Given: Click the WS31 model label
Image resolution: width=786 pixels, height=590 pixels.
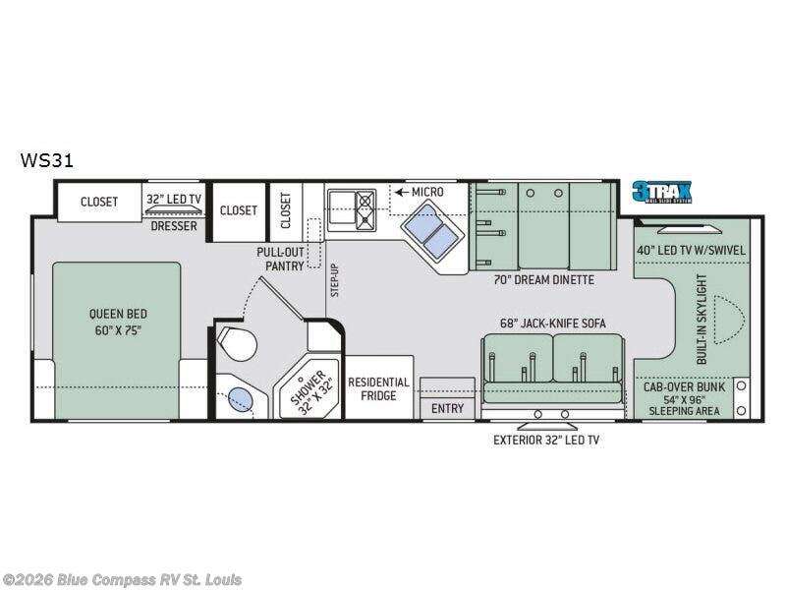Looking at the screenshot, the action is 46,160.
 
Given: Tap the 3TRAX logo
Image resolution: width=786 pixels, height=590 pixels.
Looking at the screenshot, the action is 661,192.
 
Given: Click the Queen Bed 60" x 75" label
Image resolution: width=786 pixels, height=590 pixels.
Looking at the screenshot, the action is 118,323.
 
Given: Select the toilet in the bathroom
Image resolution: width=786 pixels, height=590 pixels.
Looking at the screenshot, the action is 237,343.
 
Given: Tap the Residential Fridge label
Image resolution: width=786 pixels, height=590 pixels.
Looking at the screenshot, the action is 378,388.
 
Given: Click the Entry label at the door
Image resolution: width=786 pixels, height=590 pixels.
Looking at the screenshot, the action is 447,408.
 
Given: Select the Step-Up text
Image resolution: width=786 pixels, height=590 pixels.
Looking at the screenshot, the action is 335,280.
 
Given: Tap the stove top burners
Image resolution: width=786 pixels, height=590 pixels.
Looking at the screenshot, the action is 365,210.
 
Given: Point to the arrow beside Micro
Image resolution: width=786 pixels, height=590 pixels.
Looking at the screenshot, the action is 402,192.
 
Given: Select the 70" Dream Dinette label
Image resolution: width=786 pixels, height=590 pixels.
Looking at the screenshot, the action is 544,280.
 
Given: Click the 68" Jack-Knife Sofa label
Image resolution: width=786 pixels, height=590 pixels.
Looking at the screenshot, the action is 553,324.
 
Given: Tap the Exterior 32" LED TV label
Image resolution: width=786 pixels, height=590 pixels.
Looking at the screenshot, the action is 546,440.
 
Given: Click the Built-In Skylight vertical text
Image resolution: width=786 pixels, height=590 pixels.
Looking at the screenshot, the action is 702,319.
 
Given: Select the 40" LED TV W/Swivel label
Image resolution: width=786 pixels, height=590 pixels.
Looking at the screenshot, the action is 692,250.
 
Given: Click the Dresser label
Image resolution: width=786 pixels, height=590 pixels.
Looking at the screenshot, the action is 174,226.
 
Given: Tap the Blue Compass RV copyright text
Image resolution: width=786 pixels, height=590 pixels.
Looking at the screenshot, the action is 121,580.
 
